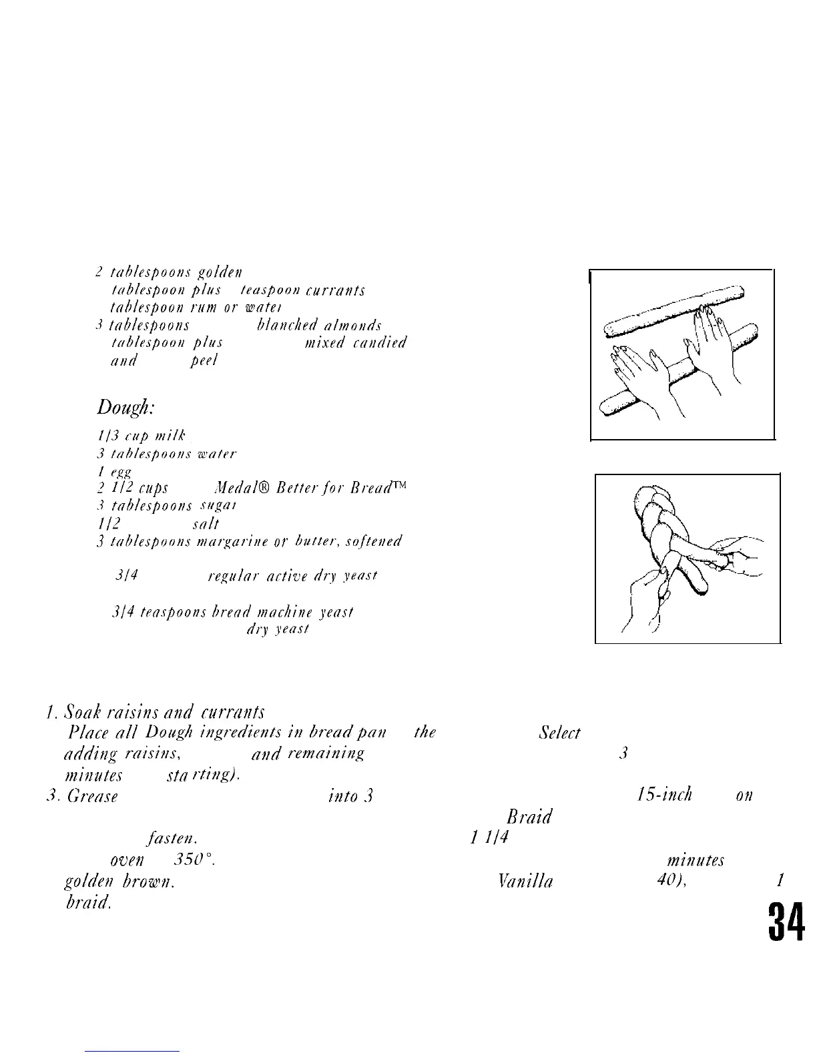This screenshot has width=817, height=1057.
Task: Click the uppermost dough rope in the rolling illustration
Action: coord(674,306)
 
